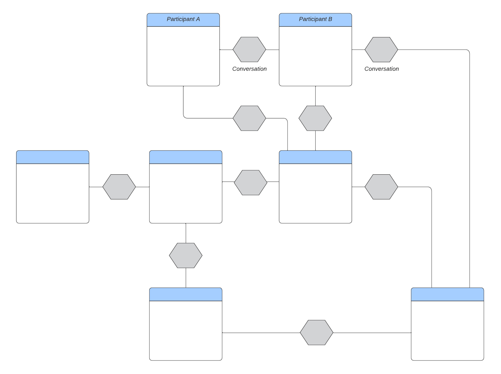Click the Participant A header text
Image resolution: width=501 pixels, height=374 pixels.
[x=183, y=19]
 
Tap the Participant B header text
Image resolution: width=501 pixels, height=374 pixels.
[x=315, y=19]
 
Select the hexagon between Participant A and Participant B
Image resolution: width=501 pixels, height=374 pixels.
[x=249, y=50]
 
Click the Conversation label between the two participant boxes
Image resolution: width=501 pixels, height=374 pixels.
[x=249, y=69]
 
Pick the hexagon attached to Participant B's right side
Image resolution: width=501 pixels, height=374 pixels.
[x=381, y=50]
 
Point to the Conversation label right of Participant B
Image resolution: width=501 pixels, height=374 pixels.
[x=381, y=69]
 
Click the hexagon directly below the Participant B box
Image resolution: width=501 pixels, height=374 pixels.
[x=315, y=118]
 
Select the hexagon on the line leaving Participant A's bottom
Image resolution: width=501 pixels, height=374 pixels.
[x=249, y=118]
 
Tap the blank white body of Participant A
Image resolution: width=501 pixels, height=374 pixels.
[x=183, y=56]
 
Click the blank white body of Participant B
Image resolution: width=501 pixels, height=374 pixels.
[x=315, y=56]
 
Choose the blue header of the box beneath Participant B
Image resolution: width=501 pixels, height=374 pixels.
[x=315, y=157]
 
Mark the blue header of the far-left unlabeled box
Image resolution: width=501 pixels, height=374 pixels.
[x=53, y=157]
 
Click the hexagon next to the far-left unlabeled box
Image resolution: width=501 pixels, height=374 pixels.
[x=119, y=187]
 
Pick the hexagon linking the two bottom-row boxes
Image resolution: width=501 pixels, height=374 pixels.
[x=316, y=332]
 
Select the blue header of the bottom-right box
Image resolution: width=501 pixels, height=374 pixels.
[x=447, y=294]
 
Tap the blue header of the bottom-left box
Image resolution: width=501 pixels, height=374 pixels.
[x=185, y=294]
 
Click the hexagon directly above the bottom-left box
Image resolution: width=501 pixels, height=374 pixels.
[x=185, y=255]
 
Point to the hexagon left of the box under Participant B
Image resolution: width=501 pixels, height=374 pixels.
[x=251, y=183]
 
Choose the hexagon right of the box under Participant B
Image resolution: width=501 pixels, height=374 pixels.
[x=381, y=187]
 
